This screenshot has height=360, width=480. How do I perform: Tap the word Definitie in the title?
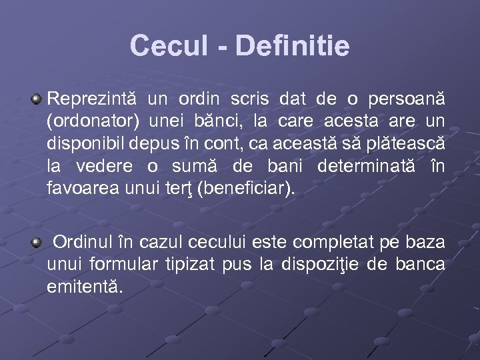[292, 46]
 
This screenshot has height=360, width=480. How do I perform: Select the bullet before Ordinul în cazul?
[36, 241]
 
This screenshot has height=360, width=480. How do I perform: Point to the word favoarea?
[83, 190]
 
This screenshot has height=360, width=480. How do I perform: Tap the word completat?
[332, 241]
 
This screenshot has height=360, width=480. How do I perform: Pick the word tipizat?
[189, 264]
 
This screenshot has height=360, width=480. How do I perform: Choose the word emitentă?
[85, 287]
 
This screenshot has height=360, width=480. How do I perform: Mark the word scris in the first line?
[249, 99]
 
